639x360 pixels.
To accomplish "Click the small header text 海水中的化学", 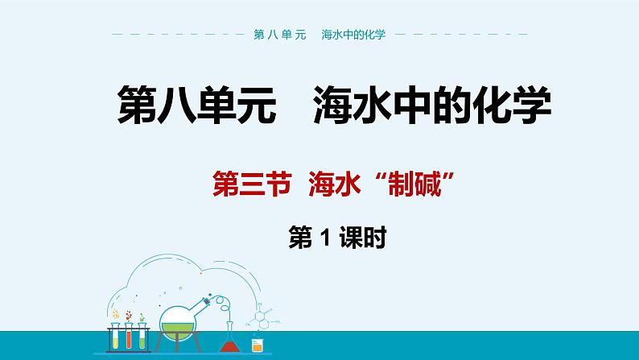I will (x=353, y=35).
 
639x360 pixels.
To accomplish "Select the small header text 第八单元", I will (x=282, y=35).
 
